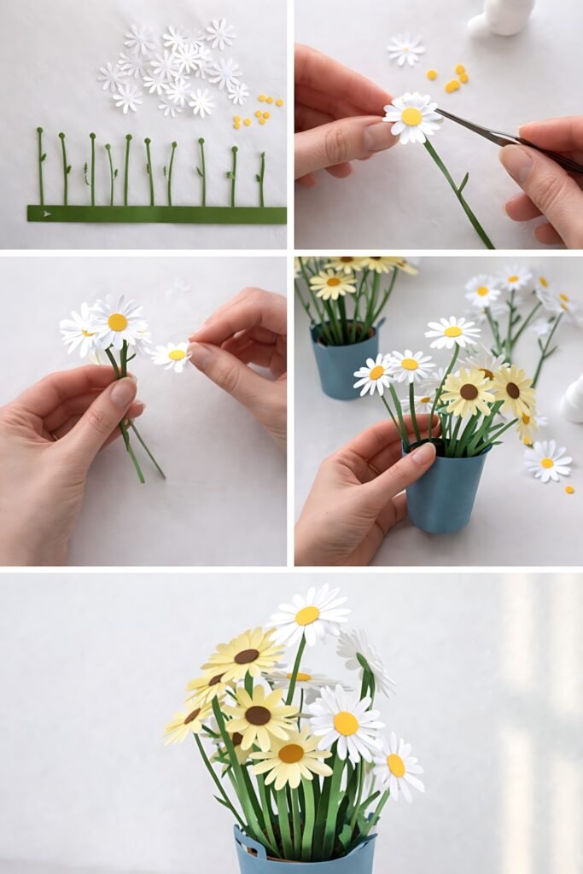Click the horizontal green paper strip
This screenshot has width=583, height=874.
click(x=162, y=214)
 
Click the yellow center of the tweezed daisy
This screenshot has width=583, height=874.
click(x=411, y=117)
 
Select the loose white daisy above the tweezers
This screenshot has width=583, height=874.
click(x=405, y=50)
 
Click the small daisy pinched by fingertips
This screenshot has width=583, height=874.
click(x=173, y=355)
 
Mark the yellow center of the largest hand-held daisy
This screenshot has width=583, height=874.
click(x=118, y=322)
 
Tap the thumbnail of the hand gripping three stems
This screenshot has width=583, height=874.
click(x=124, y=393)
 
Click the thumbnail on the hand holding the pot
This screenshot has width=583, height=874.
click(x=423, y=454)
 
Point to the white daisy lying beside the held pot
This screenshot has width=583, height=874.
click(x=547, y=461)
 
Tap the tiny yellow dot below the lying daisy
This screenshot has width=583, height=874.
click(x=569, y=490)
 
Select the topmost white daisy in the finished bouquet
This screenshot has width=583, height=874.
click(x=308, y=614)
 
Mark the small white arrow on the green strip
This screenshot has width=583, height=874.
click(x=46, y=213)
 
